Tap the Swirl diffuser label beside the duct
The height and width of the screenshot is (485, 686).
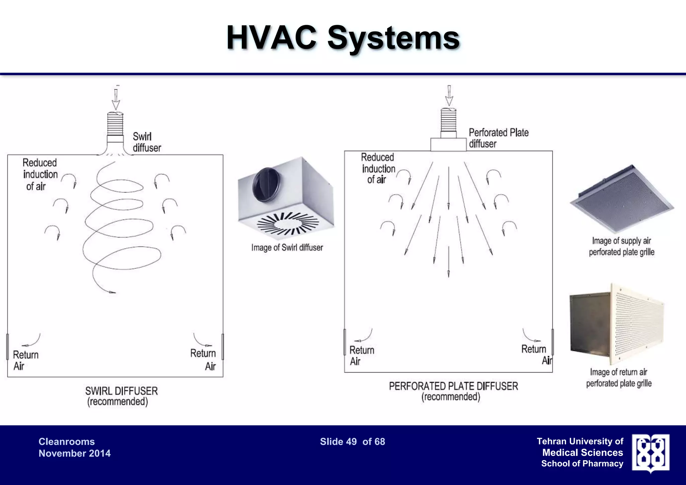point(147,142)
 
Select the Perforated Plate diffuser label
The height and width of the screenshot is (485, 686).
point(498,138)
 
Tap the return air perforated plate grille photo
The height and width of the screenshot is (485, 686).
point(617,324)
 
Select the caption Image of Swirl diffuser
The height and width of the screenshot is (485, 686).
point(287,248)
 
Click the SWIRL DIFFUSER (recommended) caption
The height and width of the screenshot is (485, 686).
point(121,396)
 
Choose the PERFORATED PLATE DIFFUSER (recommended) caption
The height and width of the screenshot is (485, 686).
point(453,391)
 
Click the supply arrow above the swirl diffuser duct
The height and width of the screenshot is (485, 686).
point(116,99)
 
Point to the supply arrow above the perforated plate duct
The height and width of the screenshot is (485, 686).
point(449,95)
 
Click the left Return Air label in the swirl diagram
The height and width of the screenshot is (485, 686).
point(25,360)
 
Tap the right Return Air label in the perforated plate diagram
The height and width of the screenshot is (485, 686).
point(535,354)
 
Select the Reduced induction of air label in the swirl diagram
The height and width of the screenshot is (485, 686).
point(40,175)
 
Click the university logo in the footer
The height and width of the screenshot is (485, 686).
point(650,453)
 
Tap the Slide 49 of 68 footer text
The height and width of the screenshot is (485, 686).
point(352,441)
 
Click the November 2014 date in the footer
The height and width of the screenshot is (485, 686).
point(74,453)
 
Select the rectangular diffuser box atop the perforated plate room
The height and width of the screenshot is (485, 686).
point(448,145)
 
